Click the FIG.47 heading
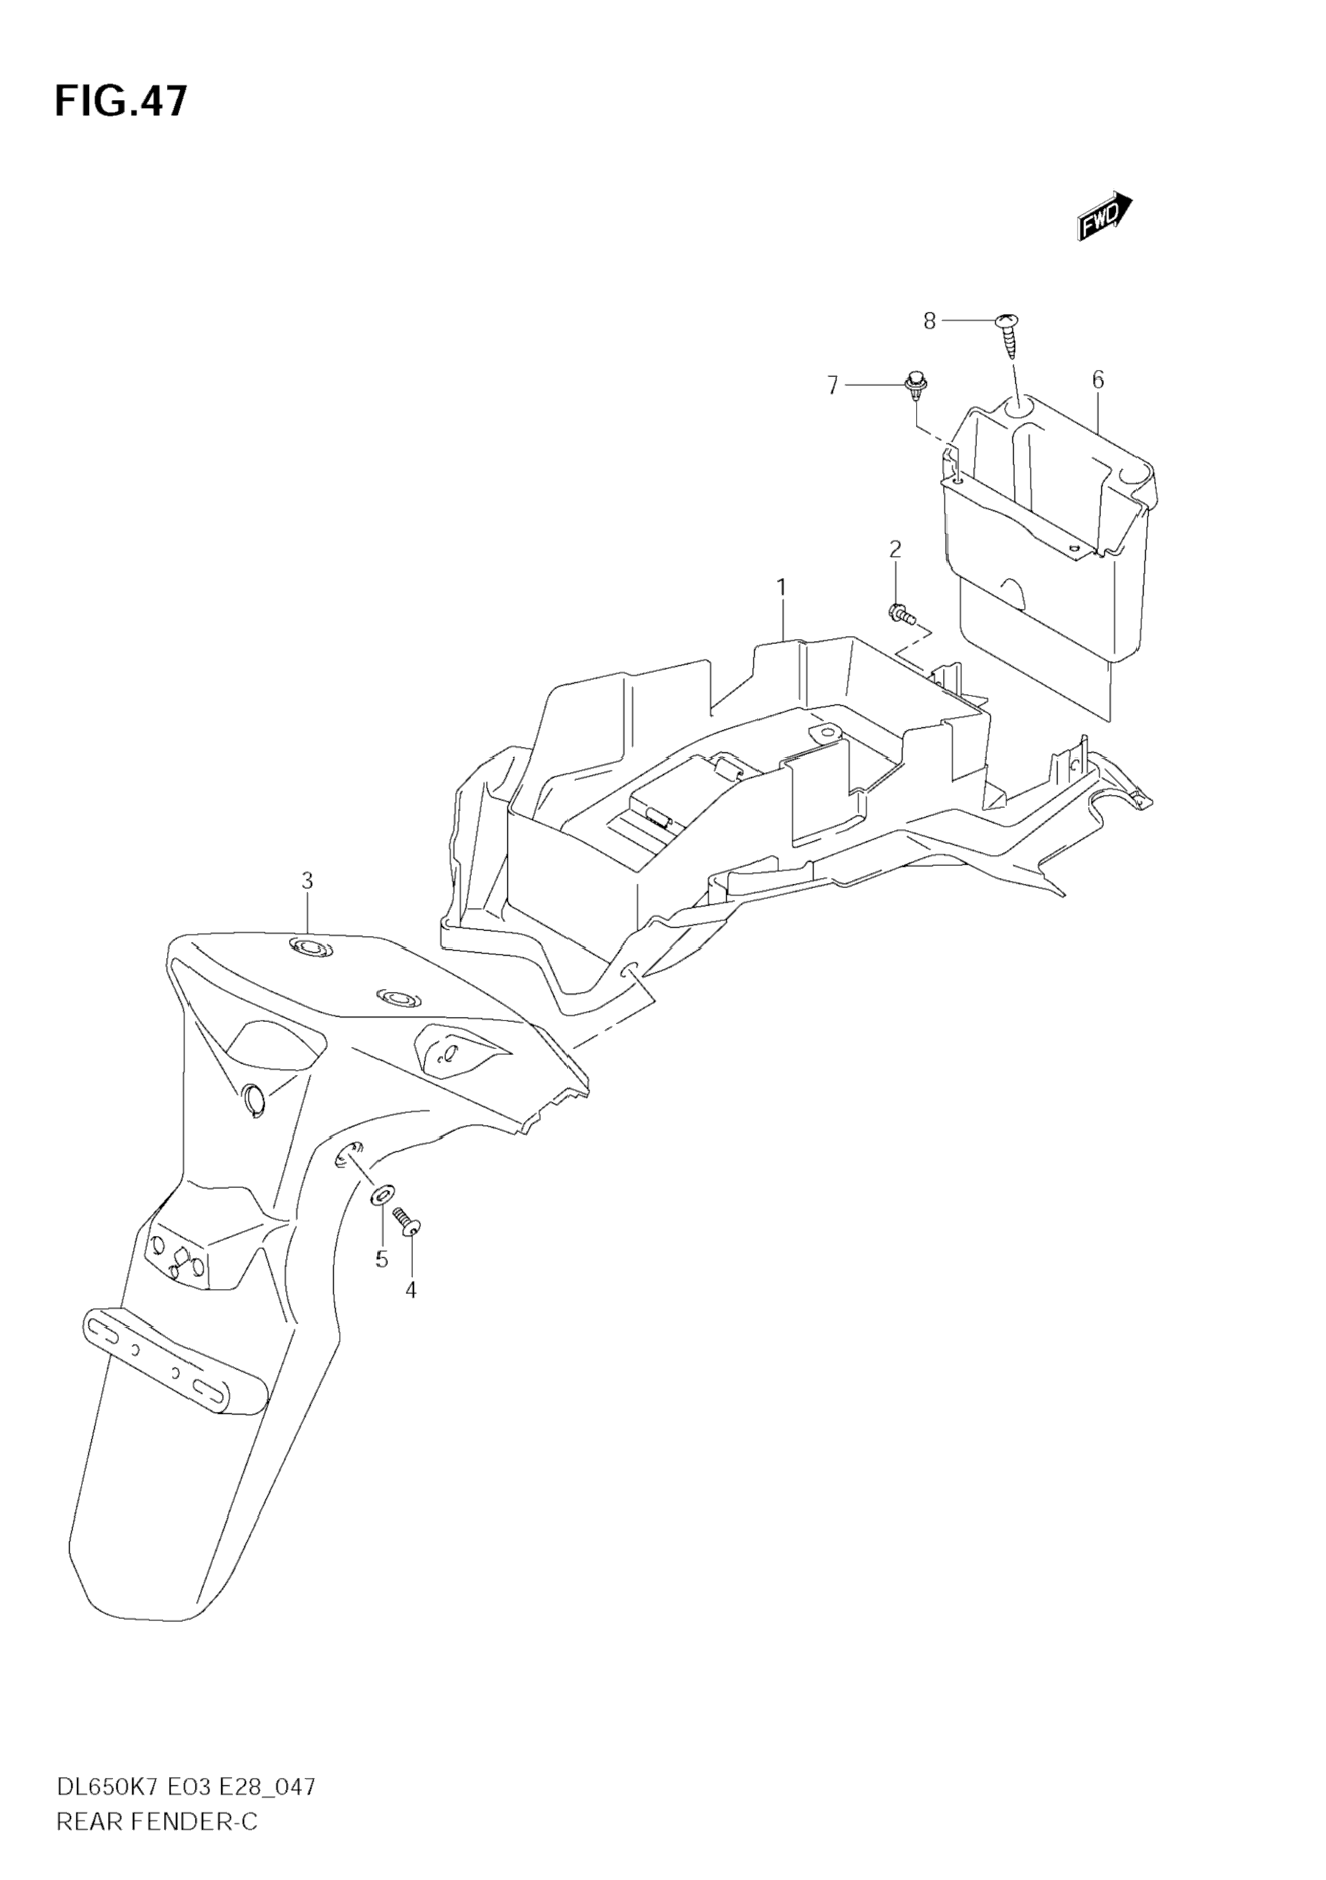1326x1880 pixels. [x=121, y=101]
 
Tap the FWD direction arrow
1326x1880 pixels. [x=1104, y=216]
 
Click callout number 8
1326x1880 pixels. [x=929, y=322]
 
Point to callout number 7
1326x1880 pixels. [x=833, y=385]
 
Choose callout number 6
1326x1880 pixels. [x=1097, y=380]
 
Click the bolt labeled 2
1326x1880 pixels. [x=900, y=612]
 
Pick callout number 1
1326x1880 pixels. [x=781, y=587]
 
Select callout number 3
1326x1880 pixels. [x=307, y=881]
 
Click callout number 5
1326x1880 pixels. [x=381, y=1259]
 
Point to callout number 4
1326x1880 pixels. [x=411, y=1290]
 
